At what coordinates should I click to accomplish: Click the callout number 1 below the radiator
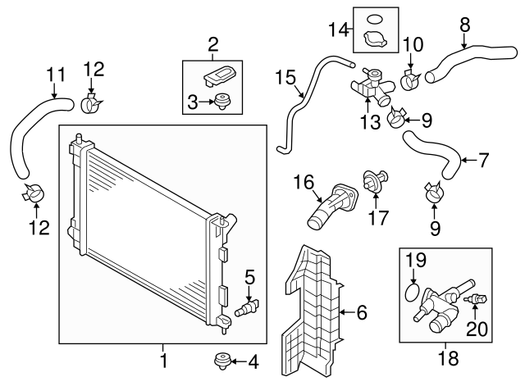point(163,360)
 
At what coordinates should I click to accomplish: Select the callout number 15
point(285,79)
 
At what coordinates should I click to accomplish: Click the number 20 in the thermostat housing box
point(477,329)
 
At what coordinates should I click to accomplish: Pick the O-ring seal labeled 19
point(414,292)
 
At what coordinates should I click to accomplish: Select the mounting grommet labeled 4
point(220,360)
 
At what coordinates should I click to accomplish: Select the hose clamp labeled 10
point(413,79)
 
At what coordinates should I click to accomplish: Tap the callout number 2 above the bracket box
point(213,43)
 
